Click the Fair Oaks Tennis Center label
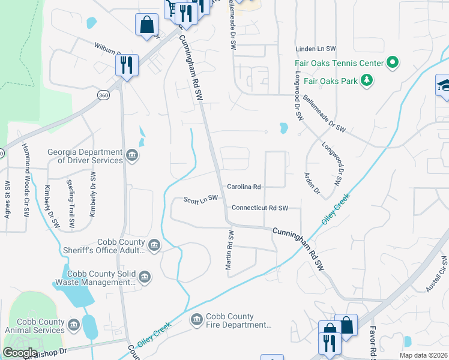tap(339, 63)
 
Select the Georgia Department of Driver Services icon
tap(133, 156)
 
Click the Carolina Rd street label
tap(244, 187)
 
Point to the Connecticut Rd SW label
tap(260, 208)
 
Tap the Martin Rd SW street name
tap(229, 251)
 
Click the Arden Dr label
tap(312, 184)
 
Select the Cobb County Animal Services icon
tap(73, 325)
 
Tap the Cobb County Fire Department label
tap(238, 320)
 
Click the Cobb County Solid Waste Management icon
tap(144, 277)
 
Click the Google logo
tap(20, 353)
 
